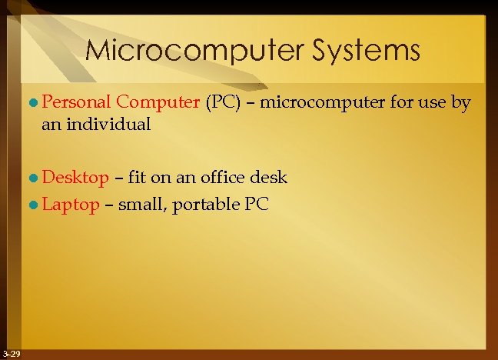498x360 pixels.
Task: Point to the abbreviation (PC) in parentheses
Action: [x=224, y=102]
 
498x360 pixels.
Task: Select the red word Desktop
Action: [x=75, y=178]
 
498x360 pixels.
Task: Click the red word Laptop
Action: [x=71, y=205]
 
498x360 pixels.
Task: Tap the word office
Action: [x=221, y=178]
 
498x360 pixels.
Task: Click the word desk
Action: [x=268, y=178]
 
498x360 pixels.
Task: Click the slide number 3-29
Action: [x=12, y=353]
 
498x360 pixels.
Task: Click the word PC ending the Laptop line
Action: [x=255, y=205]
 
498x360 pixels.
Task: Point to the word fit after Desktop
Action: [x=138, y=178]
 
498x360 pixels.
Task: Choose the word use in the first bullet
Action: [x=433, y=102]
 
